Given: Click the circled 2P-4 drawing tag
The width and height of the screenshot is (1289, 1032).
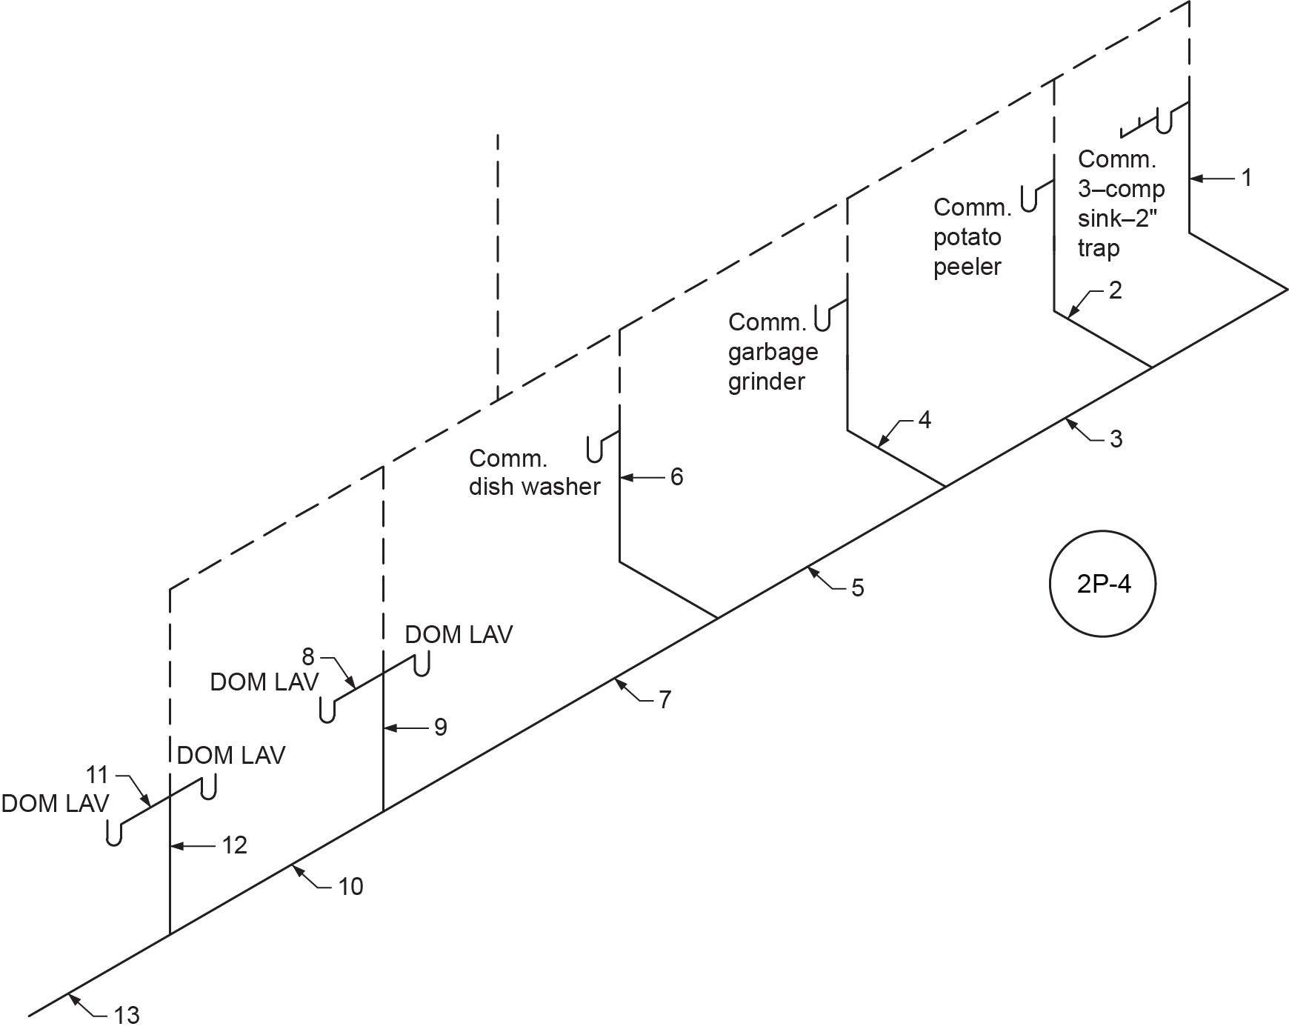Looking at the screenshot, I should point(1102,585).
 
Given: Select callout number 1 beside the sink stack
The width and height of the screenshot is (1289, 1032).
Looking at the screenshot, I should point(1247,178).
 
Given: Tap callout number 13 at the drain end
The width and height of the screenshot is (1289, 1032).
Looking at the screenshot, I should point(127,1015).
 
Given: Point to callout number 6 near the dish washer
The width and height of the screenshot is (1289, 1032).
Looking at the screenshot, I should point(676,477).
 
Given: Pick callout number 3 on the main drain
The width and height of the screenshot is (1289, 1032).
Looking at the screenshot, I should point(1116,440).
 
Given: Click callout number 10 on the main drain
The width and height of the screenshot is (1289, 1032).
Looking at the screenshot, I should point(350,886).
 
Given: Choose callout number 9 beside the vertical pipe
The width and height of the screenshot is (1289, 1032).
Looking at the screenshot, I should point(441,728).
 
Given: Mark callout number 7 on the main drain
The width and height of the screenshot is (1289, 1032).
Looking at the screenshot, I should point(665,699).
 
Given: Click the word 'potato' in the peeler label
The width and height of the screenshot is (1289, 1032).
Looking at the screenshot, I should point(967,238).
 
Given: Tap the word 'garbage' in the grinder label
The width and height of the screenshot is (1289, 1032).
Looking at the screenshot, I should point(773,352).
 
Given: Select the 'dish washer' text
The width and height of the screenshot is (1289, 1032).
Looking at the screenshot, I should point(534,487).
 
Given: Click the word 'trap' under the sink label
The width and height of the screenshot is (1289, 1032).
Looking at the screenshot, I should point(1098,247).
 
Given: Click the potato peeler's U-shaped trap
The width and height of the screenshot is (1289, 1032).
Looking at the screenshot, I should point(1029,198).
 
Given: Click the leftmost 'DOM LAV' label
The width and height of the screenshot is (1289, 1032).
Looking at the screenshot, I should point(56,803).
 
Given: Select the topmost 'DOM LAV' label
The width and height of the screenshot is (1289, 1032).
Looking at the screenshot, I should point(459,635).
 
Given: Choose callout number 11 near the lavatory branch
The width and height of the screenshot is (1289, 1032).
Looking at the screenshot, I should point(97,775).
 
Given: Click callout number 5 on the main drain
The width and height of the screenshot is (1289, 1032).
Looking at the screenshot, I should point(857,588).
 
